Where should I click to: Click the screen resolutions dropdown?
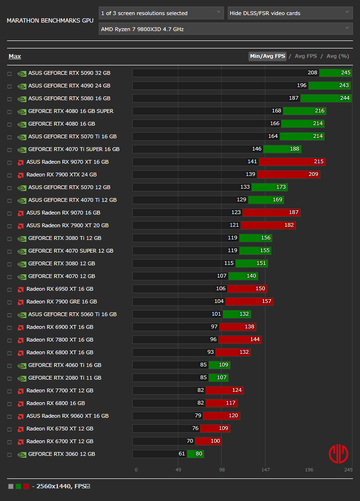click(161, 13)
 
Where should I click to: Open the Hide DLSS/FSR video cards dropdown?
click(290, 13)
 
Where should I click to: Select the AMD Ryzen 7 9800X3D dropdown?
click(225, 29)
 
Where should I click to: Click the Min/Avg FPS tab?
click(267, 56)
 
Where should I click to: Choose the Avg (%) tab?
click(337, 56)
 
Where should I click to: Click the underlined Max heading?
click(15, 56)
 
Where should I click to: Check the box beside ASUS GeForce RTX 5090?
click(9, 74)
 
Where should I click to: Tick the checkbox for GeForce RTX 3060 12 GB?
click(9, 455)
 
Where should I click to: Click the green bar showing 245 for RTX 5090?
click(336, 73)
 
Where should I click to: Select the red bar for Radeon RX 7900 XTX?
click(288, 175)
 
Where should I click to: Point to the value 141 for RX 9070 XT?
click(252, 162)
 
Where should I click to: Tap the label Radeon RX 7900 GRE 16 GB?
click(62, 302)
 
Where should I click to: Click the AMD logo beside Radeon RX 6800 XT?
click(21, 353)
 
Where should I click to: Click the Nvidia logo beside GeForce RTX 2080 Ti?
click(22, 378)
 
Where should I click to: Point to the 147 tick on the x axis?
click(265, 469)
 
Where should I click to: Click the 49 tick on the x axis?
click(178, 469)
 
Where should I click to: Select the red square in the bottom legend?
click(26, 486)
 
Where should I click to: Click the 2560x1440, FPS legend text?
click(61, 486)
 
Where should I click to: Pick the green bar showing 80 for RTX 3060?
click(195, 454)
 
